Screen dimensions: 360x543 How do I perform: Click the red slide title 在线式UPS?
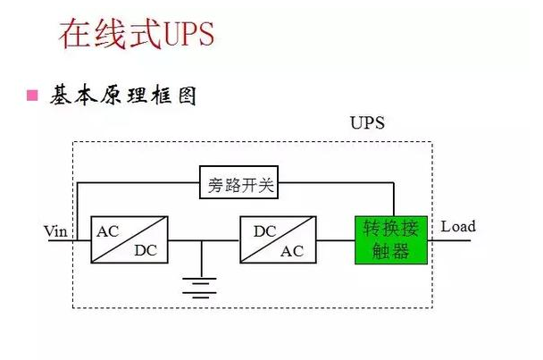tap(137, 34)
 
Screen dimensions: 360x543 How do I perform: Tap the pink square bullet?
tap(33, 95)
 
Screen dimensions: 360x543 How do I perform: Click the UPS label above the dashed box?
tap(366, 122)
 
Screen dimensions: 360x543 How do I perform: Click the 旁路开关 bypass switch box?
tap(238, 185)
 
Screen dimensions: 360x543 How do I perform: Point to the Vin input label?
tap(56, 231)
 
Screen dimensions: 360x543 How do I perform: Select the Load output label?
tap(458, 226)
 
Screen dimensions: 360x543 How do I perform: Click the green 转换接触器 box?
tap(391, 239)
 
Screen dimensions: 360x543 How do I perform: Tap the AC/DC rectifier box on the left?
tap(129, 239)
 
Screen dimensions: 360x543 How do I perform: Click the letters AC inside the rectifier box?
tap(108, 230)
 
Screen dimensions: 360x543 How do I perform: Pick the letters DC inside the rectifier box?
tap(145, 251)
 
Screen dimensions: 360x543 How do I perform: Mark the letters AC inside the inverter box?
tap(292, 251)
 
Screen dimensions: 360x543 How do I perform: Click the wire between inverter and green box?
tap(336, 239)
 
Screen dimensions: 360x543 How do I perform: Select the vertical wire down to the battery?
tap(201, 258)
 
